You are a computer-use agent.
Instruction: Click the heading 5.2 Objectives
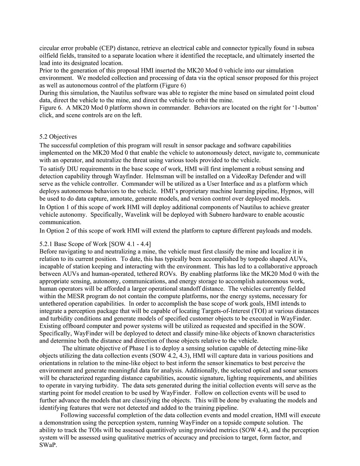coord(58,137)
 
